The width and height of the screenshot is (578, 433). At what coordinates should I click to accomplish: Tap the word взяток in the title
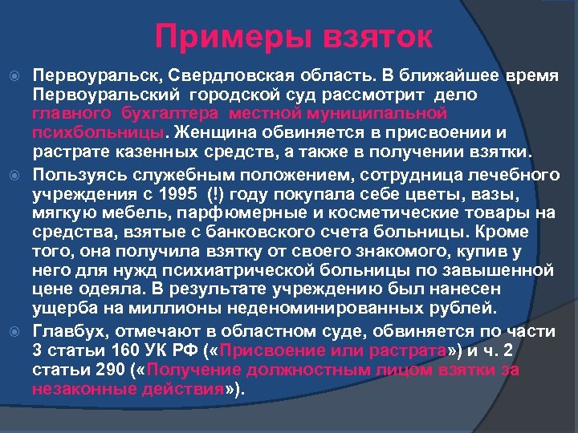click(x=377, y=36)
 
